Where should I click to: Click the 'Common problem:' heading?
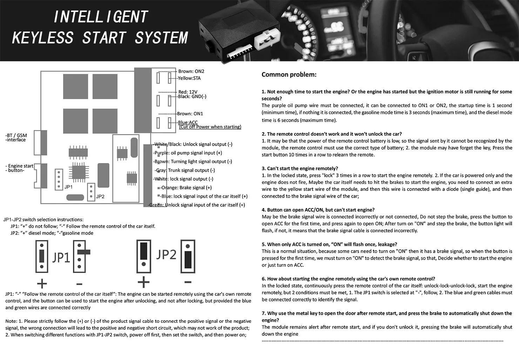pos(289,74)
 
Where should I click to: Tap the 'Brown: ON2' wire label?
pos(191,71)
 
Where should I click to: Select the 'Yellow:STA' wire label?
pos(189,78)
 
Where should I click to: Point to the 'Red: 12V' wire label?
pos(188,92)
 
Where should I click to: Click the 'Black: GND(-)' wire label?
pos(192,96)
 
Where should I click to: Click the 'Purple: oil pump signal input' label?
pos(188,153)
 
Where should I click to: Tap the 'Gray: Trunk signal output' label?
pos(185,170)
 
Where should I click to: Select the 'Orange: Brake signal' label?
pos(186,188)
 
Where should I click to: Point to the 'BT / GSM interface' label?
pos(16,138)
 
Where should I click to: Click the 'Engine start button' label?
pos(20,168)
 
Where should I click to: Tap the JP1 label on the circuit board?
pos(68,187)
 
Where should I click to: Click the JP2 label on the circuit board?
pos(100,196)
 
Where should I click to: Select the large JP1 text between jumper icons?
pos(61,258)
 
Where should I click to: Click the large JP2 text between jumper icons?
pos(166,254)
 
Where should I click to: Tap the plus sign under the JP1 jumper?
pos(42,283)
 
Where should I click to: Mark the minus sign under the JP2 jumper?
pos(188,282)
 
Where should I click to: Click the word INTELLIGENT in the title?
pos(101,17)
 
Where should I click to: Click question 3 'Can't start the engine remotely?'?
pos(300,168)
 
